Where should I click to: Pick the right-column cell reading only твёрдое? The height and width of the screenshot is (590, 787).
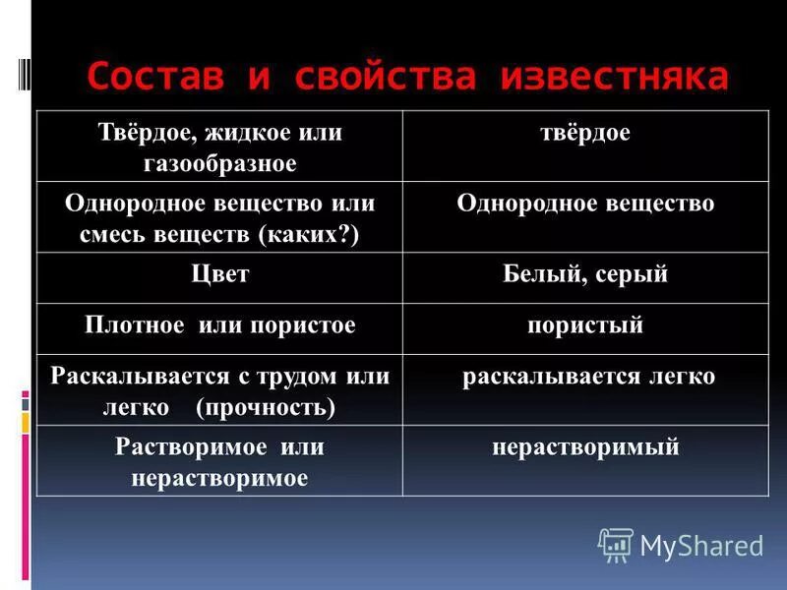click(x=584, y=134)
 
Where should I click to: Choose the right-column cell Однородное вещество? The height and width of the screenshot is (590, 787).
click(x=585, y=205)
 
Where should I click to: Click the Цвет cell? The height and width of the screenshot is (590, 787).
click(x=219, y=274)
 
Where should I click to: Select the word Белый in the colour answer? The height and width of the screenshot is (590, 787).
click(x=545, y=275)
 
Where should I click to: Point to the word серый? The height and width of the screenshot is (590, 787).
click(x=632, y=275)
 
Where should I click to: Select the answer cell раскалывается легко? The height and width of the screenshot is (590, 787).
click(x=588, y=377)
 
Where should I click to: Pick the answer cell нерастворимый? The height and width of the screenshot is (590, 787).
click(x=585, y=448)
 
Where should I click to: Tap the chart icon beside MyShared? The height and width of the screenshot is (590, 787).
click(x=616, y=544)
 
